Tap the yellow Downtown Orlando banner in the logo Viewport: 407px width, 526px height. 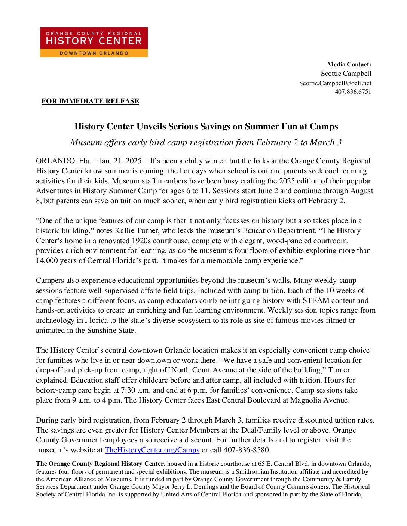click(94, 53)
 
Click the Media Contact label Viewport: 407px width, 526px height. click(349, 64)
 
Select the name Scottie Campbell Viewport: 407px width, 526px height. click(346, 74)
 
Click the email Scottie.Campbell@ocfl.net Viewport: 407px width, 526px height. click(335, 83)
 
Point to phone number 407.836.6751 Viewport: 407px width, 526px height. click(353, 92)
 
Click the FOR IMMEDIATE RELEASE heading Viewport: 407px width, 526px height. click(90, 101)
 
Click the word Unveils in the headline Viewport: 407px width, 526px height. click(151, 126)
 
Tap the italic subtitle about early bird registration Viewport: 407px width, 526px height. click(206, 143)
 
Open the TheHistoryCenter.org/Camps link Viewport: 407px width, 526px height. click(152, 450)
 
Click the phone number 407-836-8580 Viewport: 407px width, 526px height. click(247, 450)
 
